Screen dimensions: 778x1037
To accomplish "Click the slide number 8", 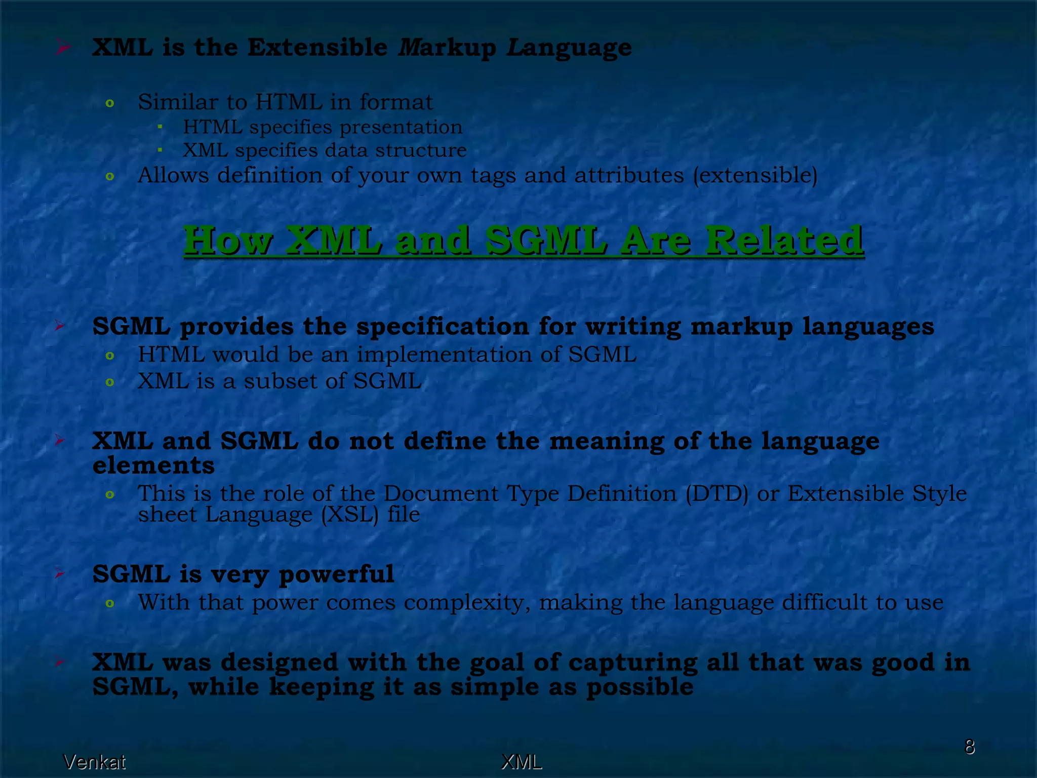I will (969, 747).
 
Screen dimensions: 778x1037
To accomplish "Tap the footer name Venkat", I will (94, 762).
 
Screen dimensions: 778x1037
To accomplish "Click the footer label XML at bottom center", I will (521, 762).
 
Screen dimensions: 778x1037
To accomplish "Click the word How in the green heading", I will (228, 240).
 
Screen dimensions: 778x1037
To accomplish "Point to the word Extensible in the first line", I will (317, 48).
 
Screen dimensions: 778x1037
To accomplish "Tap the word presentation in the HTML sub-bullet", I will (401, 127).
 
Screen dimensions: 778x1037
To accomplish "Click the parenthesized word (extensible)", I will (755, 176).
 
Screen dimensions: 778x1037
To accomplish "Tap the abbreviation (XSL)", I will (350, 515).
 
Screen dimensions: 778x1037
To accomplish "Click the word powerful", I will (336, 575).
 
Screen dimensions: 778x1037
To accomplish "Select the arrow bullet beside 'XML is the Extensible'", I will (63, 48).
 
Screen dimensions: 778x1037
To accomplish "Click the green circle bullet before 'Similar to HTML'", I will (109, 104).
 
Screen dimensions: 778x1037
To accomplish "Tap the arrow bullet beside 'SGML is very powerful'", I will (60, 574).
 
